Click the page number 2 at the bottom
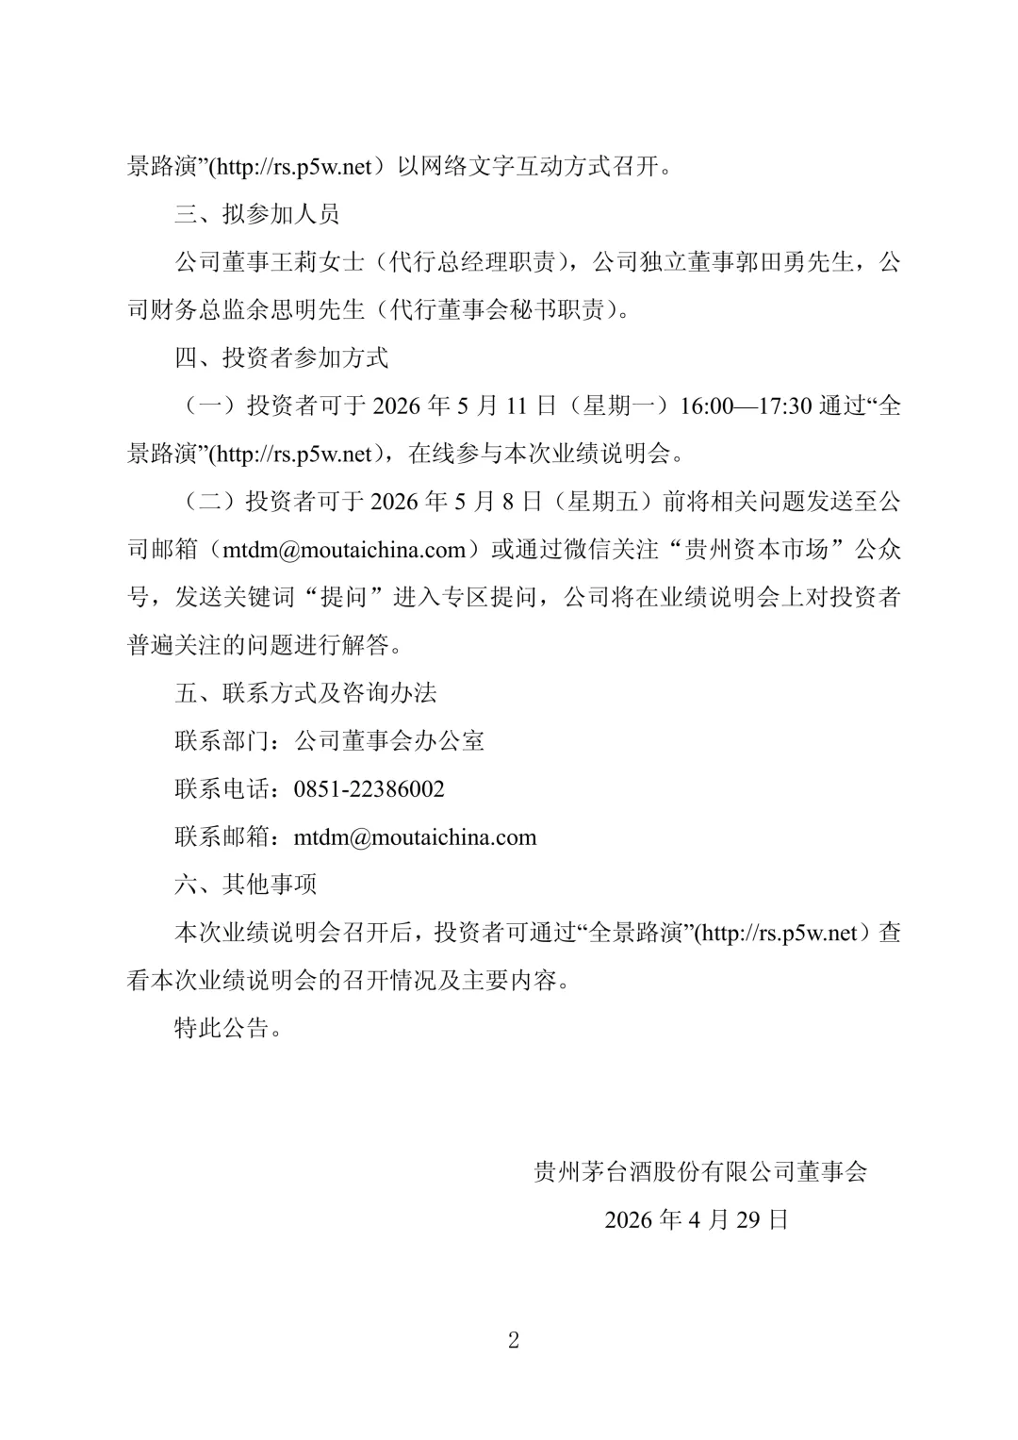coord(513,1340)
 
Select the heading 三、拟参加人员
coord(256,214)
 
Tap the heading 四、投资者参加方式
coord(281,357)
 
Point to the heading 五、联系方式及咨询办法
coord(305,693)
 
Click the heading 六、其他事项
coord(245,885)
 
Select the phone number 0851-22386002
coord(369,789)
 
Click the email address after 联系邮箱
coord(415,837)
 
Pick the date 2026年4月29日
coord(697,1219)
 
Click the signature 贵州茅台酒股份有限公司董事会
coord(700,1171)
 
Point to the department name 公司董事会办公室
coord(389,741)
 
